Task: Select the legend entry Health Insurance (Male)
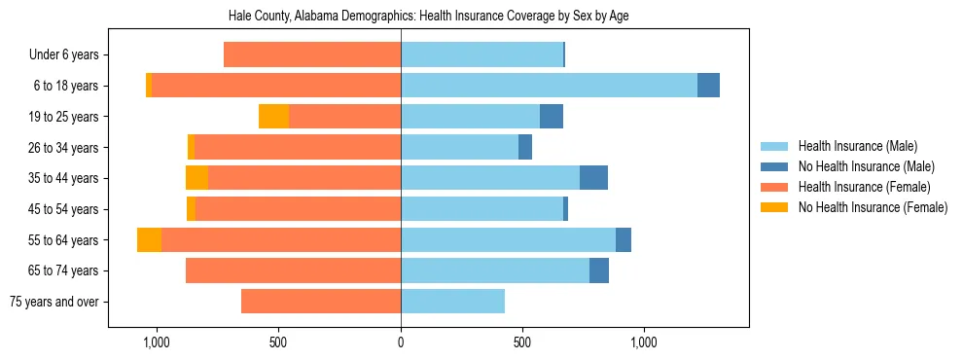(857, 146)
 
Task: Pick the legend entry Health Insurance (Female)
(864, 187)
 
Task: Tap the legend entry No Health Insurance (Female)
(873, 207)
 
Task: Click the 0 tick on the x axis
(401, 342)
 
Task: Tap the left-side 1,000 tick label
(156, 342)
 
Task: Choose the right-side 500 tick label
(522, 342)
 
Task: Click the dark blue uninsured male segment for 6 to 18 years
(708, 86)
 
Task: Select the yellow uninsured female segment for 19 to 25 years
(273, 117)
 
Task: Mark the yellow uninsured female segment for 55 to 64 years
(149, 240)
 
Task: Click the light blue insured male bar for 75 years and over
(452, 302)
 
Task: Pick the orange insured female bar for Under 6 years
(312, 55)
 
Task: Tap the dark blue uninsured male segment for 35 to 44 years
(593, 178)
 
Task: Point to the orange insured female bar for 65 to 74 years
(293, 270)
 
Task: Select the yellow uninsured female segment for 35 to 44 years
(196, 178)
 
